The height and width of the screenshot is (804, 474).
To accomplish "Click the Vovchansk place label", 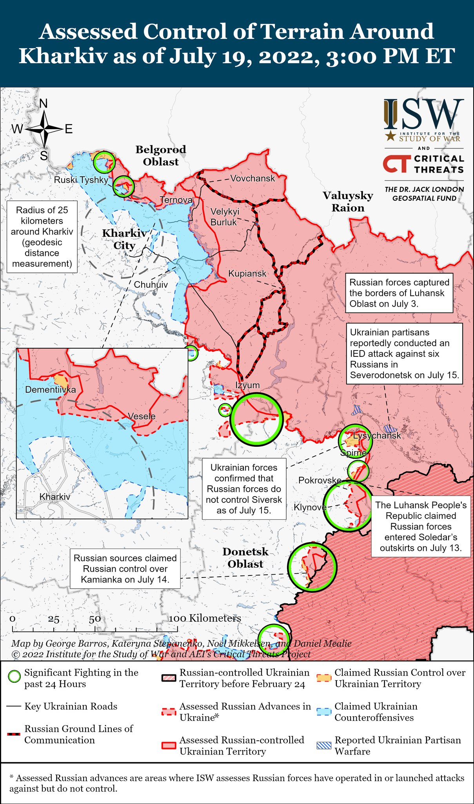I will [x=252, y=178].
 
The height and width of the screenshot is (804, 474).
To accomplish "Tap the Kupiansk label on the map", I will [x=247, y=274].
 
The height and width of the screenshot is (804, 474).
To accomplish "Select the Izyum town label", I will [x=247, y=385].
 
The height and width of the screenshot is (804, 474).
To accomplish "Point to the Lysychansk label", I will [x=377, y=435].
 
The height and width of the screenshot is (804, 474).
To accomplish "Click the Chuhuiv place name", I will [x=151, y=285].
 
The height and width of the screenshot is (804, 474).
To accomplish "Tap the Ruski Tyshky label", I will [x=81, y=180].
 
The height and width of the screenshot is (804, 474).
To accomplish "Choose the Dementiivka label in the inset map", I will [x=50, y=390].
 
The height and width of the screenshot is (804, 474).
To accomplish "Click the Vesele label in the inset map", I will [x=142, y=417].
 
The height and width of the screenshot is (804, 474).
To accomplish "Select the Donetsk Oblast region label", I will [x=245, y=557].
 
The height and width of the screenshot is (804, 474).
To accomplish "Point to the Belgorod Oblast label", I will [x=161, y=155].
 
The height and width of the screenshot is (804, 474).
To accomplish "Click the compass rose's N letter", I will [x=44, y=104].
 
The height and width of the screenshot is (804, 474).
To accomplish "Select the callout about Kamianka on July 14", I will [x=125, y=569].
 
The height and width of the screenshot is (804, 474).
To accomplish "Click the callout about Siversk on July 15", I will [x=244, y=489].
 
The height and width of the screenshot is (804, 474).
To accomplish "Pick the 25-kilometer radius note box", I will [x=42, y=237].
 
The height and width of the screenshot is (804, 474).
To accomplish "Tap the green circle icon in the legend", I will [x=14, y=676].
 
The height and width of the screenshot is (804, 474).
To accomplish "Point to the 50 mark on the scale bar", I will [x=95, y=619].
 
